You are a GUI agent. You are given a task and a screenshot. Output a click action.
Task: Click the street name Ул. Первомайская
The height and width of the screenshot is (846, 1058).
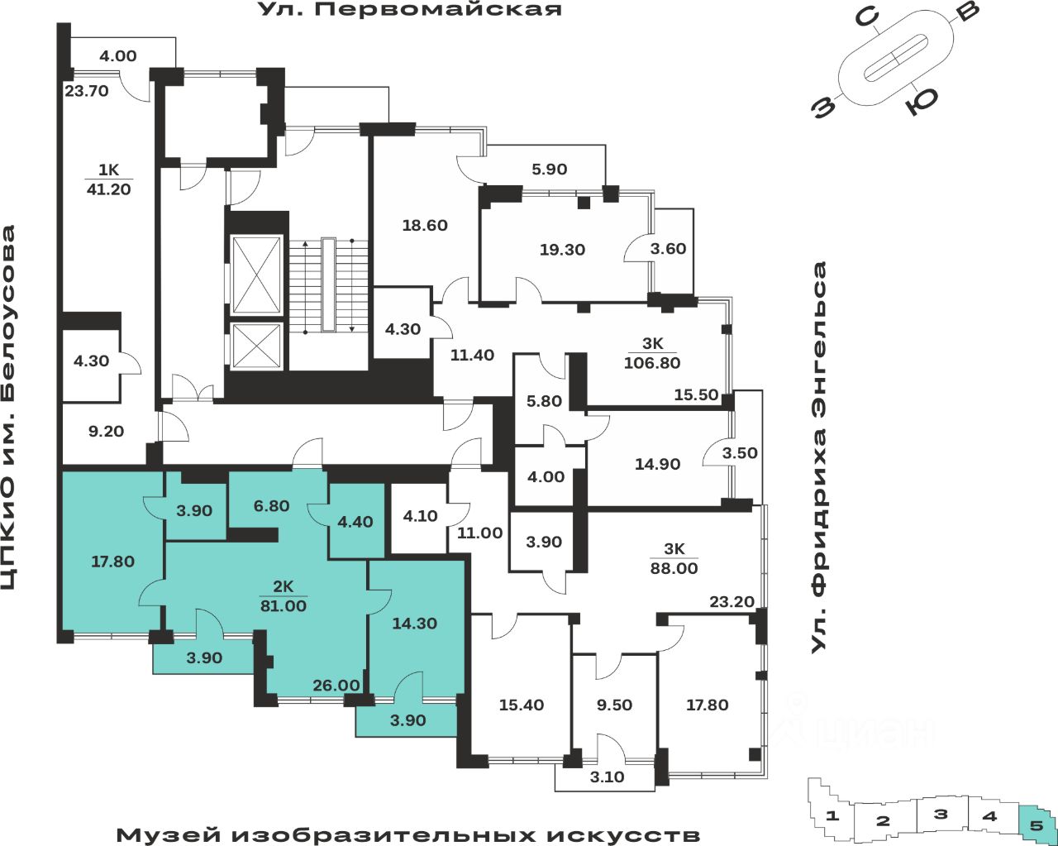pos(410,10)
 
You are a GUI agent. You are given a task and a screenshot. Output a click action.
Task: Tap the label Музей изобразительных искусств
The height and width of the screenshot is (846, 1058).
pos(407,834)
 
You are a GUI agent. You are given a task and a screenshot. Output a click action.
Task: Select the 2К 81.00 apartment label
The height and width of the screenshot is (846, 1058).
pos(284,596)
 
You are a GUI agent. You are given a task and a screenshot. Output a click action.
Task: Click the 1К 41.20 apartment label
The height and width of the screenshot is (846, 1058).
pos(108,179)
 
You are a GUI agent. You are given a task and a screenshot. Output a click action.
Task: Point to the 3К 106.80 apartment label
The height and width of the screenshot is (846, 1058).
pos(652,353)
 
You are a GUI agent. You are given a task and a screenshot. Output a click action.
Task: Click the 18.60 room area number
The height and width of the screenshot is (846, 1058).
pos(425,225)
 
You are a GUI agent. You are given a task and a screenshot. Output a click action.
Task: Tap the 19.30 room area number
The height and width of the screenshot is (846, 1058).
pos(562,249)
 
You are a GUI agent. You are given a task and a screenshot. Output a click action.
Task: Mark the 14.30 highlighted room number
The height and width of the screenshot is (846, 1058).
pos(414,624)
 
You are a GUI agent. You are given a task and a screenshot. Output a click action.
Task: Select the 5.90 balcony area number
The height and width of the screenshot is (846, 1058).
pos(549,170)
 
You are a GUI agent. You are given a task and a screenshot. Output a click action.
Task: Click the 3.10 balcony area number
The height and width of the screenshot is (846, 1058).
pos(608,777)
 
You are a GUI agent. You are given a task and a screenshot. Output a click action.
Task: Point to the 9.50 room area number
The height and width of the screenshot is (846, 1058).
pos(614,705)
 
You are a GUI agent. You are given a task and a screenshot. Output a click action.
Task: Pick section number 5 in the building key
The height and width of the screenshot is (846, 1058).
pos(1037,823)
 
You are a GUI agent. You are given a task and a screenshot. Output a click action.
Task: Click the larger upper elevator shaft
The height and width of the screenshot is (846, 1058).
pos(257,275)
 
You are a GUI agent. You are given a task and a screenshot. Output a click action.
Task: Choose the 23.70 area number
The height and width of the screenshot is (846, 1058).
pos(87,91)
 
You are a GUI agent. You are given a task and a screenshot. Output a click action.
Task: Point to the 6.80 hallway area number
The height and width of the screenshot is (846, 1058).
pos(271,505)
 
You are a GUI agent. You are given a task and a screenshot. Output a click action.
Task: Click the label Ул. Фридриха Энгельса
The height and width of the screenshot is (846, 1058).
pos(819,457)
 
